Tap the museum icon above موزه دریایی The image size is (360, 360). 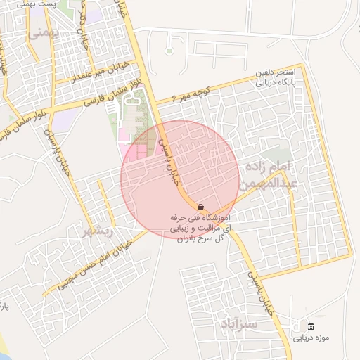pos(311,326)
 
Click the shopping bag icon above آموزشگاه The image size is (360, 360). pos(201,207)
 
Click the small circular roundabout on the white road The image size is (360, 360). pos(169,51)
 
